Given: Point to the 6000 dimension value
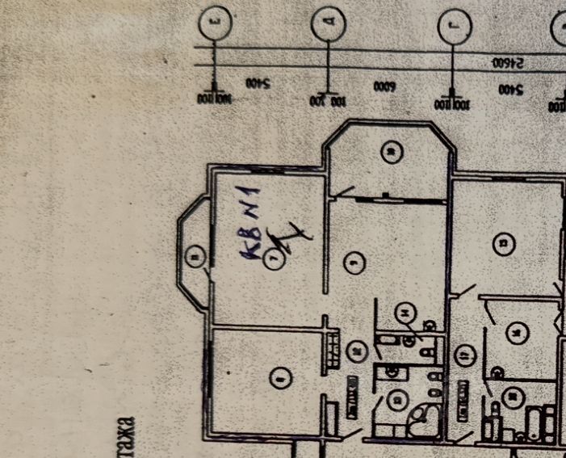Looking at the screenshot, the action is coord(384,85).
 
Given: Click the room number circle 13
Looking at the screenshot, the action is coord(506,243).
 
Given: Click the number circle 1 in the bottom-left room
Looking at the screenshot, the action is coord(279,376).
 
